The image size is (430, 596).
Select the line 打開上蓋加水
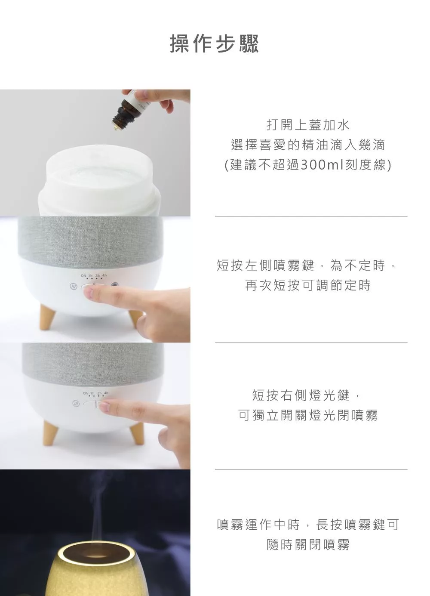(308, 125)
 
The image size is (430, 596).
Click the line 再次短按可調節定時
(308, 285)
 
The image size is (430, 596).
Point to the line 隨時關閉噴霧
(308, 544)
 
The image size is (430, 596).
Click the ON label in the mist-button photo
(83, 276)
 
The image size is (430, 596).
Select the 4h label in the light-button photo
(106, 393)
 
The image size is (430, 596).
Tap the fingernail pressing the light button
(104, 406)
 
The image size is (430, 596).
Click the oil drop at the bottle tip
(115, 129)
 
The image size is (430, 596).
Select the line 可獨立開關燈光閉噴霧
(308, 415)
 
